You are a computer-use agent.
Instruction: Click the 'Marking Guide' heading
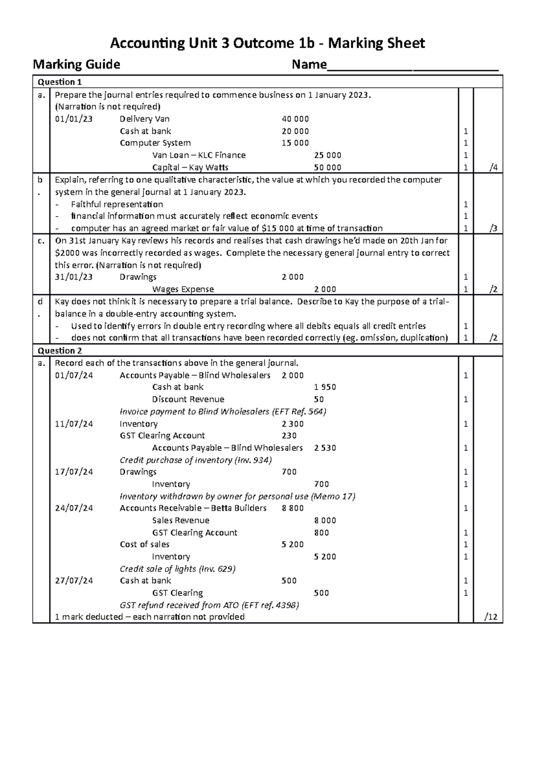click(x=76, y=65)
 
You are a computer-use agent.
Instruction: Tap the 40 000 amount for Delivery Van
click(x=295, y=119)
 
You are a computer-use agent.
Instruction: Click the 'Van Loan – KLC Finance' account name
click(x=199, y=155)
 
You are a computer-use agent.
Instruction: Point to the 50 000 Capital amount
click(x=328, y=168)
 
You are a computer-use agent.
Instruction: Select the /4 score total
click(x=493, y=168)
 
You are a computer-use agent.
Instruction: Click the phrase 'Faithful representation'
click(x=117, y=204)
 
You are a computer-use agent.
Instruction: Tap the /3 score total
click(x=493, y=228)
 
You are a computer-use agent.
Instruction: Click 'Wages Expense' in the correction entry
click(x=183, y=289)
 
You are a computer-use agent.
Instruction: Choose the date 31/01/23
click(x=74, y=277)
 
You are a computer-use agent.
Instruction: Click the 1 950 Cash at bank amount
click(x=325, y=387)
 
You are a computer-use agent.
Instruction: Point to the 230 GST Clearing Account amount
click(x=289, y=436)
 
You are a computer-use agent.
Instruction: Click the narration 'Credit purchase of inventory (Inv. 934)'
click(x=196, y=460)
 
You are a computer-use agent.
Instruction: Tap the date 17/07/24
click(x=74, y=472)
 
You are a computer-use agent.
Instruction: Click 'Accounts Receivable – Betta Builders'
click(x=193, y=508)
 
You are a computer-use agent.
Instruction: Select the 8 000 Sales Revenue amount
click(x=325, y=520)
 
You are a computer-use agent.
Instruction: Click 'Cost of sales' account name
click(x=144, y=544)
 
